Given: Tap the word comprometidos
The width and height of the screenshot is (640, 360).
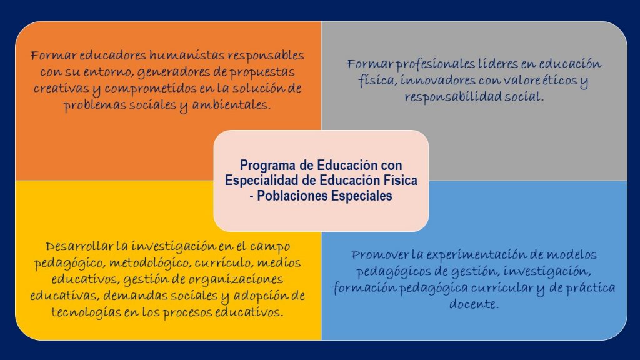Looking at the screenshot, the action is pyautogui.click(x=151, y=89).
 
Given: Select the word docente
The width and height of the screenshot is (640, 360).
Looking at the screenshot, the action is pyautogui.click(x=474, y=304).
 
